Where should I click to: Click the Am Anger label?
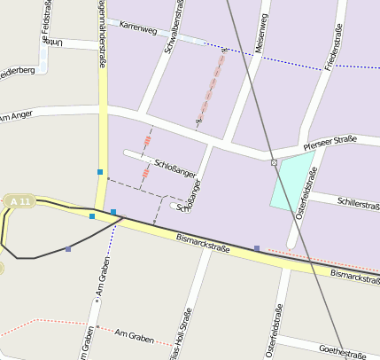pyautogui.click(x=16, y=116)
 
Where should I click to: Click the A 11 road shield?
pyautogui.click(x=19, y=203)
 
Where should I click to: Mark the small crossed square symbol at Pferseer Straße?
pyautogui.click(x=274, y=162)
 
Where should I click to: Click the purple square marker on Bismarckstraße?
pyautogui.click(x=257, y=248)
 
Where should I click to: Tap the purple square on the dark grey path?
pyautogui.click(x=68, y=249)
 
